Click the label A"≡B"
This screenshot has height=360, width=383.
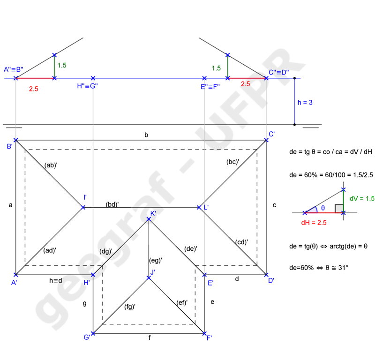14,69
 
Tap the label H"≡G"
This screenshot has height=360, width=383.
87,86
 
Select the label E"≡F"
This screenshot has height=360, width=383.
210,87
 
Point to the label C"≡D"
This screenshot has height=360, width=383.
278,72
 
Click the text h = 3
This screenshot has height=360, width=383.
305,102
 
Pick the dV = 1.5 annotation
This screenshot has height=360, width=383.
362,198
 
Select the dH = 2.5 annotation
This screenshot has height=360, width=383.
314,223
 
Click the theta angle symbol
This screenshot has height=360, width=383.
323,208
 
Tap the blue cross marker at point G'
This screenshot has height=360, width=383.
93,333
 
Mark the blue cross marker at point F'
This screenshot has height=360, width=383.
204,333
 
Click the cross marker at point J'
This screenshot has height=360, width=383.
149,277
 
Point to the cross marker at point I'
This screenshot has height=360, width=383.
83,207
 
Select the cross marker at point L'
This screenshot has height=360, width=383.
199,207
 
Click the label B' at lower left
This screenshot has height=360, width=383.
9,146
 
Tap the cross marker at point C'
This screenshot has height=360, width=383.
266,140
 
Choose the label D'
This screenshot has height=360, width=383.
271,280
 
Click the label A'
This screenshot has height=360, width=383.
14,283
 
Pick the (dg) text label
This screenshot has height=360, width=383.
105,251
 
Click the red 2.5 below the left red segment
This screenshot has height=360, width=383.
33,88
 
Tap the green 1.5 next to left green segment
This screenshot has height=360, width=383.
62,65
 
